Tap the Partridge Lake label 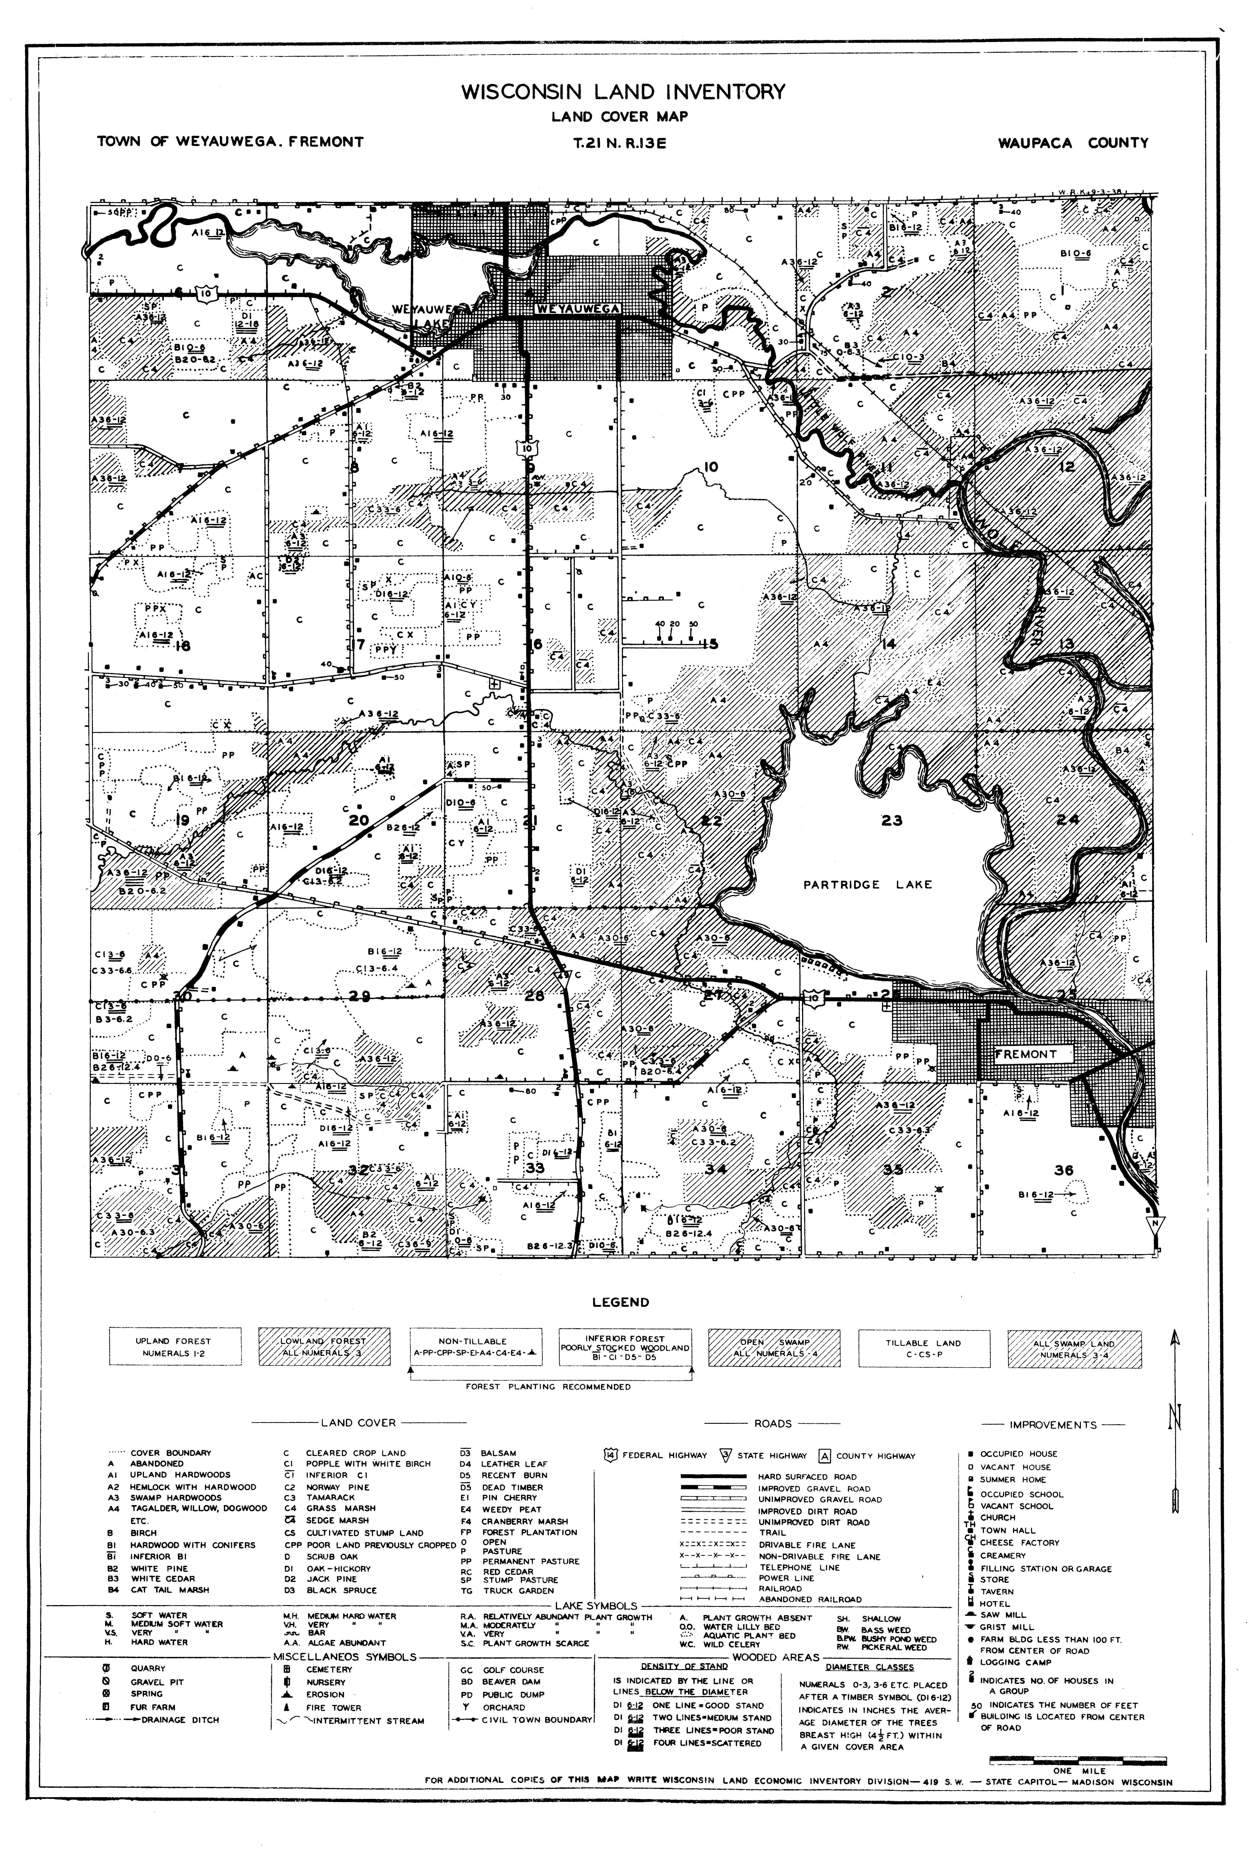coord(867,884)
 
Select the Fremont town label coord(1027,1054)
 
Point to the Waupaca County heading coord(1073,143)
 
